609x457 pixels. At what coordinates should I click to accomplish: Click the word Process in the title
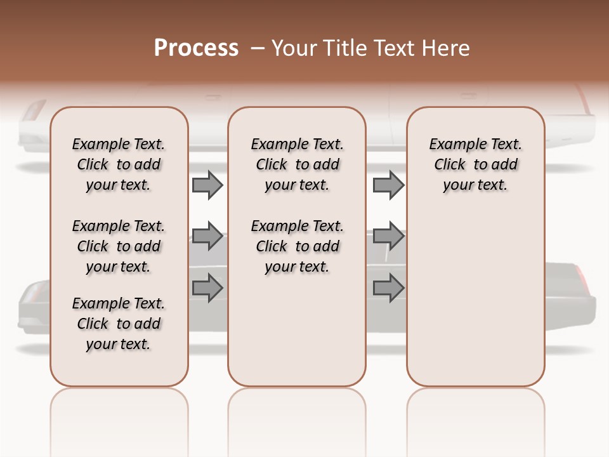[x=196, y=48]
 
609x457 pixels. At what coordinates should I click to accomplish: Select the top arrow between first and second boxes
[x=207, y=185]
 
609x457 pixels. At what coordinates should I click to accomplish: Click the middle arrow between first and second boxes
[x=207, y=237]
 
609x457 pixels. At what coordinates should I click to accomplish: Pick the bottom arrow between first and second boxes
[x=207, y=288]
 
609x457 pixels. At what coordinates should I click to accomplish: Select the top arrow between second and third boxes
[x=388, y=185]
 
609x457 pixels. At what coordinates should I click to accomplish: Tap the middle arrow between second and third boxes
[x=388, y=237]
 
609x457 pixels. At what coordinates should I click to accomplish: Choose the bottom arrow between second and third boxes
[x=388, y=288]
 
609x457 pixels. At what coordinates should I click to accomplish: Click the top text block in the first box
[x=119, y=164]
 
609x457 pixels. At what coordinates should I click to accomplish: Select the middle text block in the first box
[x=119, y=246]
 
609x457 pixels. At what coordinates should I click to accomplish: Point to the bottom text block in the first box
[x=119, y=324]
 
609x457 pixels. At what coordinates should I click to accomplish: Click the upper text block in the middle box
[x=298, y=164]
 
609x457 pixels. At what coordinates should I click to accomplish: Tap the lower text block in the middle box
[x=298, y=246]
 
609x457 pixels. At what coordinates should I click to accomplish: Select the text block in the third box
[x=476, y=164]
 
